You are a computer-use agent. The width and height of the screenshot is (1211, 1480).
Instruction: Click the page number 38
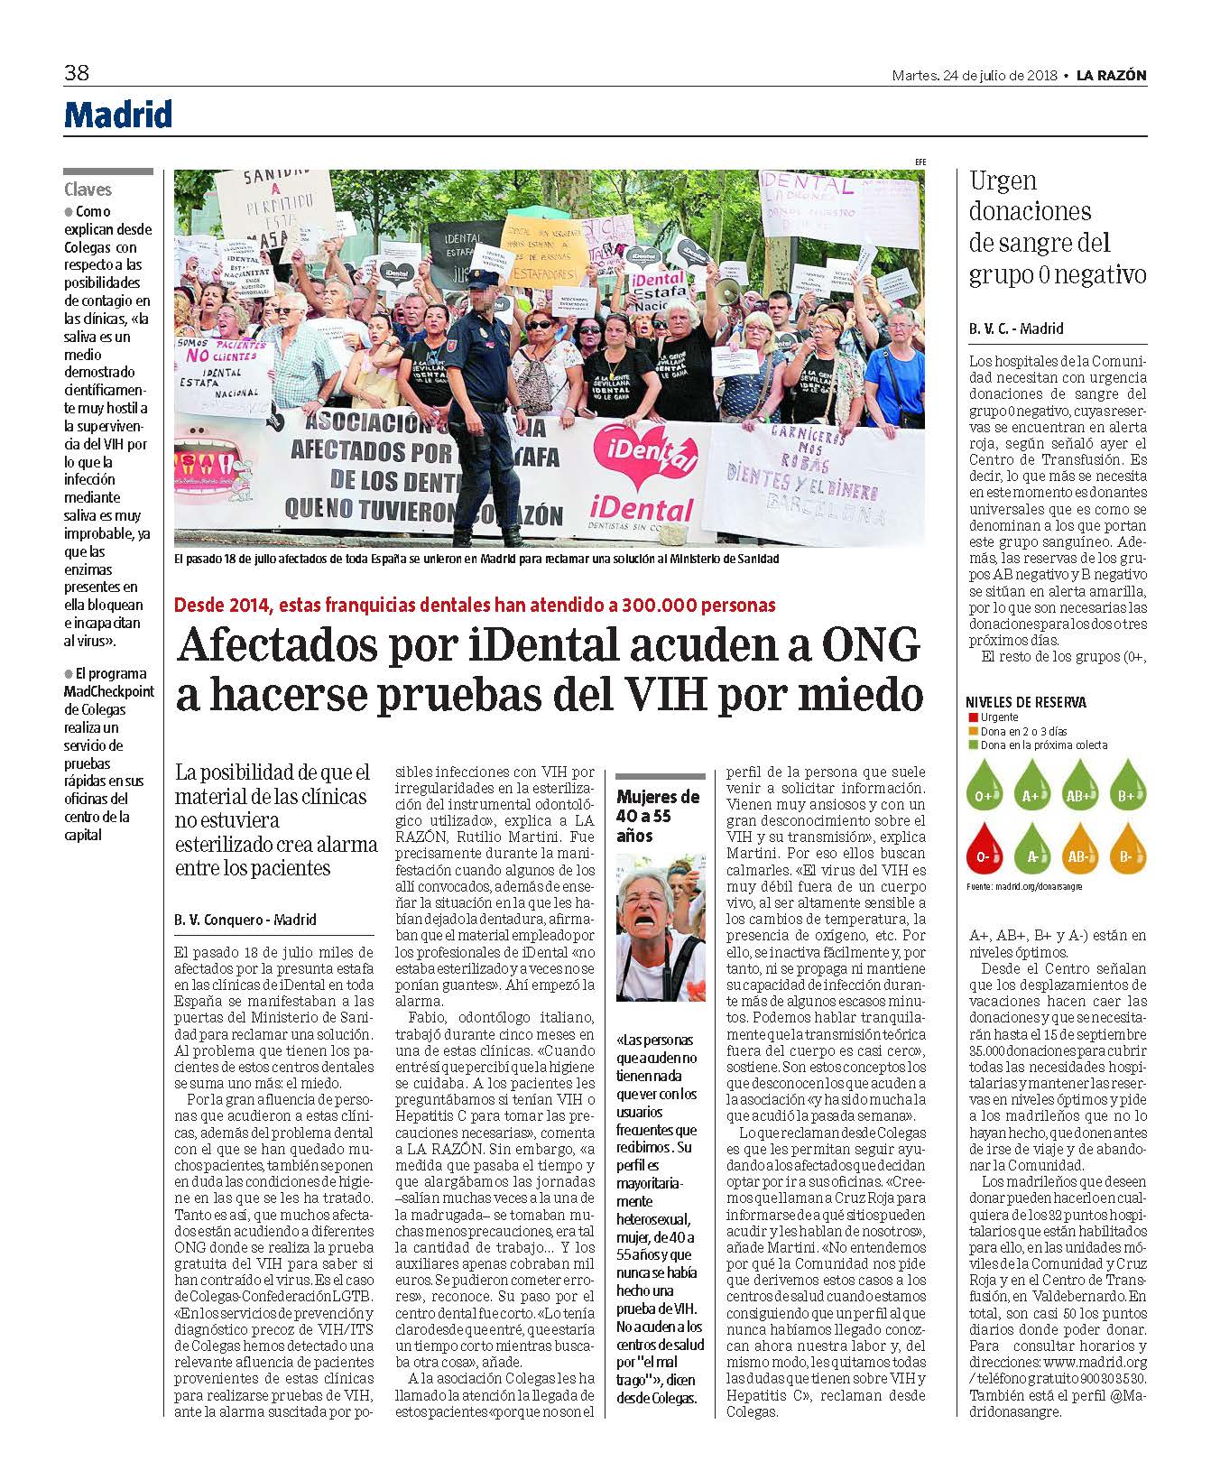(76, 73)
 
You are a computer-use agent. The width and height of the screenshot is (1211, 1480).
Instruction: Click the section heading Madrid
(117, 115)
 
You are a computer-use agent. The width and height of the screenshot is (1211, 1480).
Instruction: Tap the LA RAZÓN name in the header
(1111, 76)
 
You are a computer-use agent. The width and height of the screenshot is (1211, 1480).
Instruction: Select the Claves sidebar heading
(88, 190)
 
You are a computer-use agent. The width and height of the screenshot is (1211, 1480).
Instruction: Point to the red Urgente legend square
(971, 717)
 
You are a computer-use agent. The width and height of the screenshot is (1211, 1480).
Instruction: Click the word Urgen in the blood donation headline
(1003, 181)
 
